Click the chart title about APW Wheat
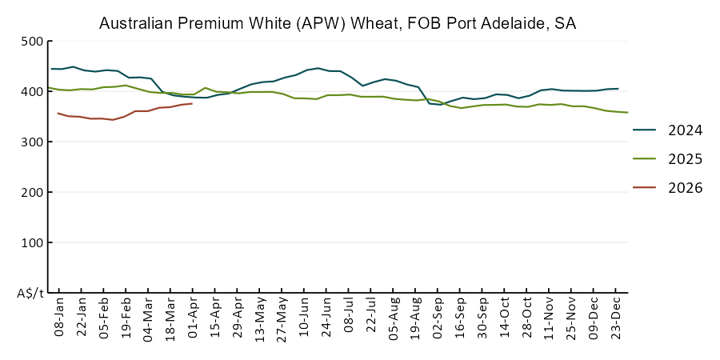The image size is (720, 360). tap(337, 24)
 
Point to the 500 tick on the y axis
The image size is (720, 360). tap(32, 42)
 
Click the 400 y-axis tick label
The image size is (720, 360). tap(32, 92)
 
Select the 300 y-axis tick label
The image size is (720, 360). tap(32, 142)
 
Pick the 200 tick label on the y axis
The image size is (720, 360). tap(32, 193)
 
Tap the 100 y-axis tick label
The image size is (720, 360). tap(32, 243)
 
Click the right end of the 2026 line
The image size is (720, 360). tap(192, 103)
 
